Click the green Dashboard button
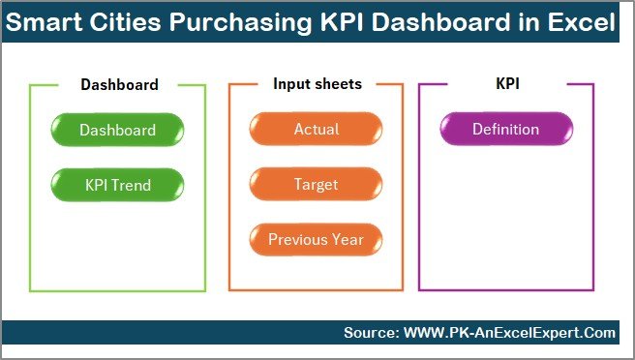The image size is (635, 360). [x=117, y=130]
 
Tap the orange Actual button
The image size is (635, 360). [x=316, y=130]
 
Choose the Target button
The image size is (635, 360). [x=316, y=183]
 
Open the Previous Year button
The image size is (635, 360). [x=316, y=239]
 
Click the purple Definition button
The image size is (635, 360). [x=505, y=130]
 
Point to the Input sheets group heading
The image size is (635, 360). [x=316, y=84]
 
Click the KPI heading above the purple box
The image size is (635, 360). [x=505, y=84]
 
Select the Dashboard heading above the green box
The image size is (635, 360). [x=119, y=84]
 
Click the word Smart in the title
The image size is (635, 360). [x=45, y=22]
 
